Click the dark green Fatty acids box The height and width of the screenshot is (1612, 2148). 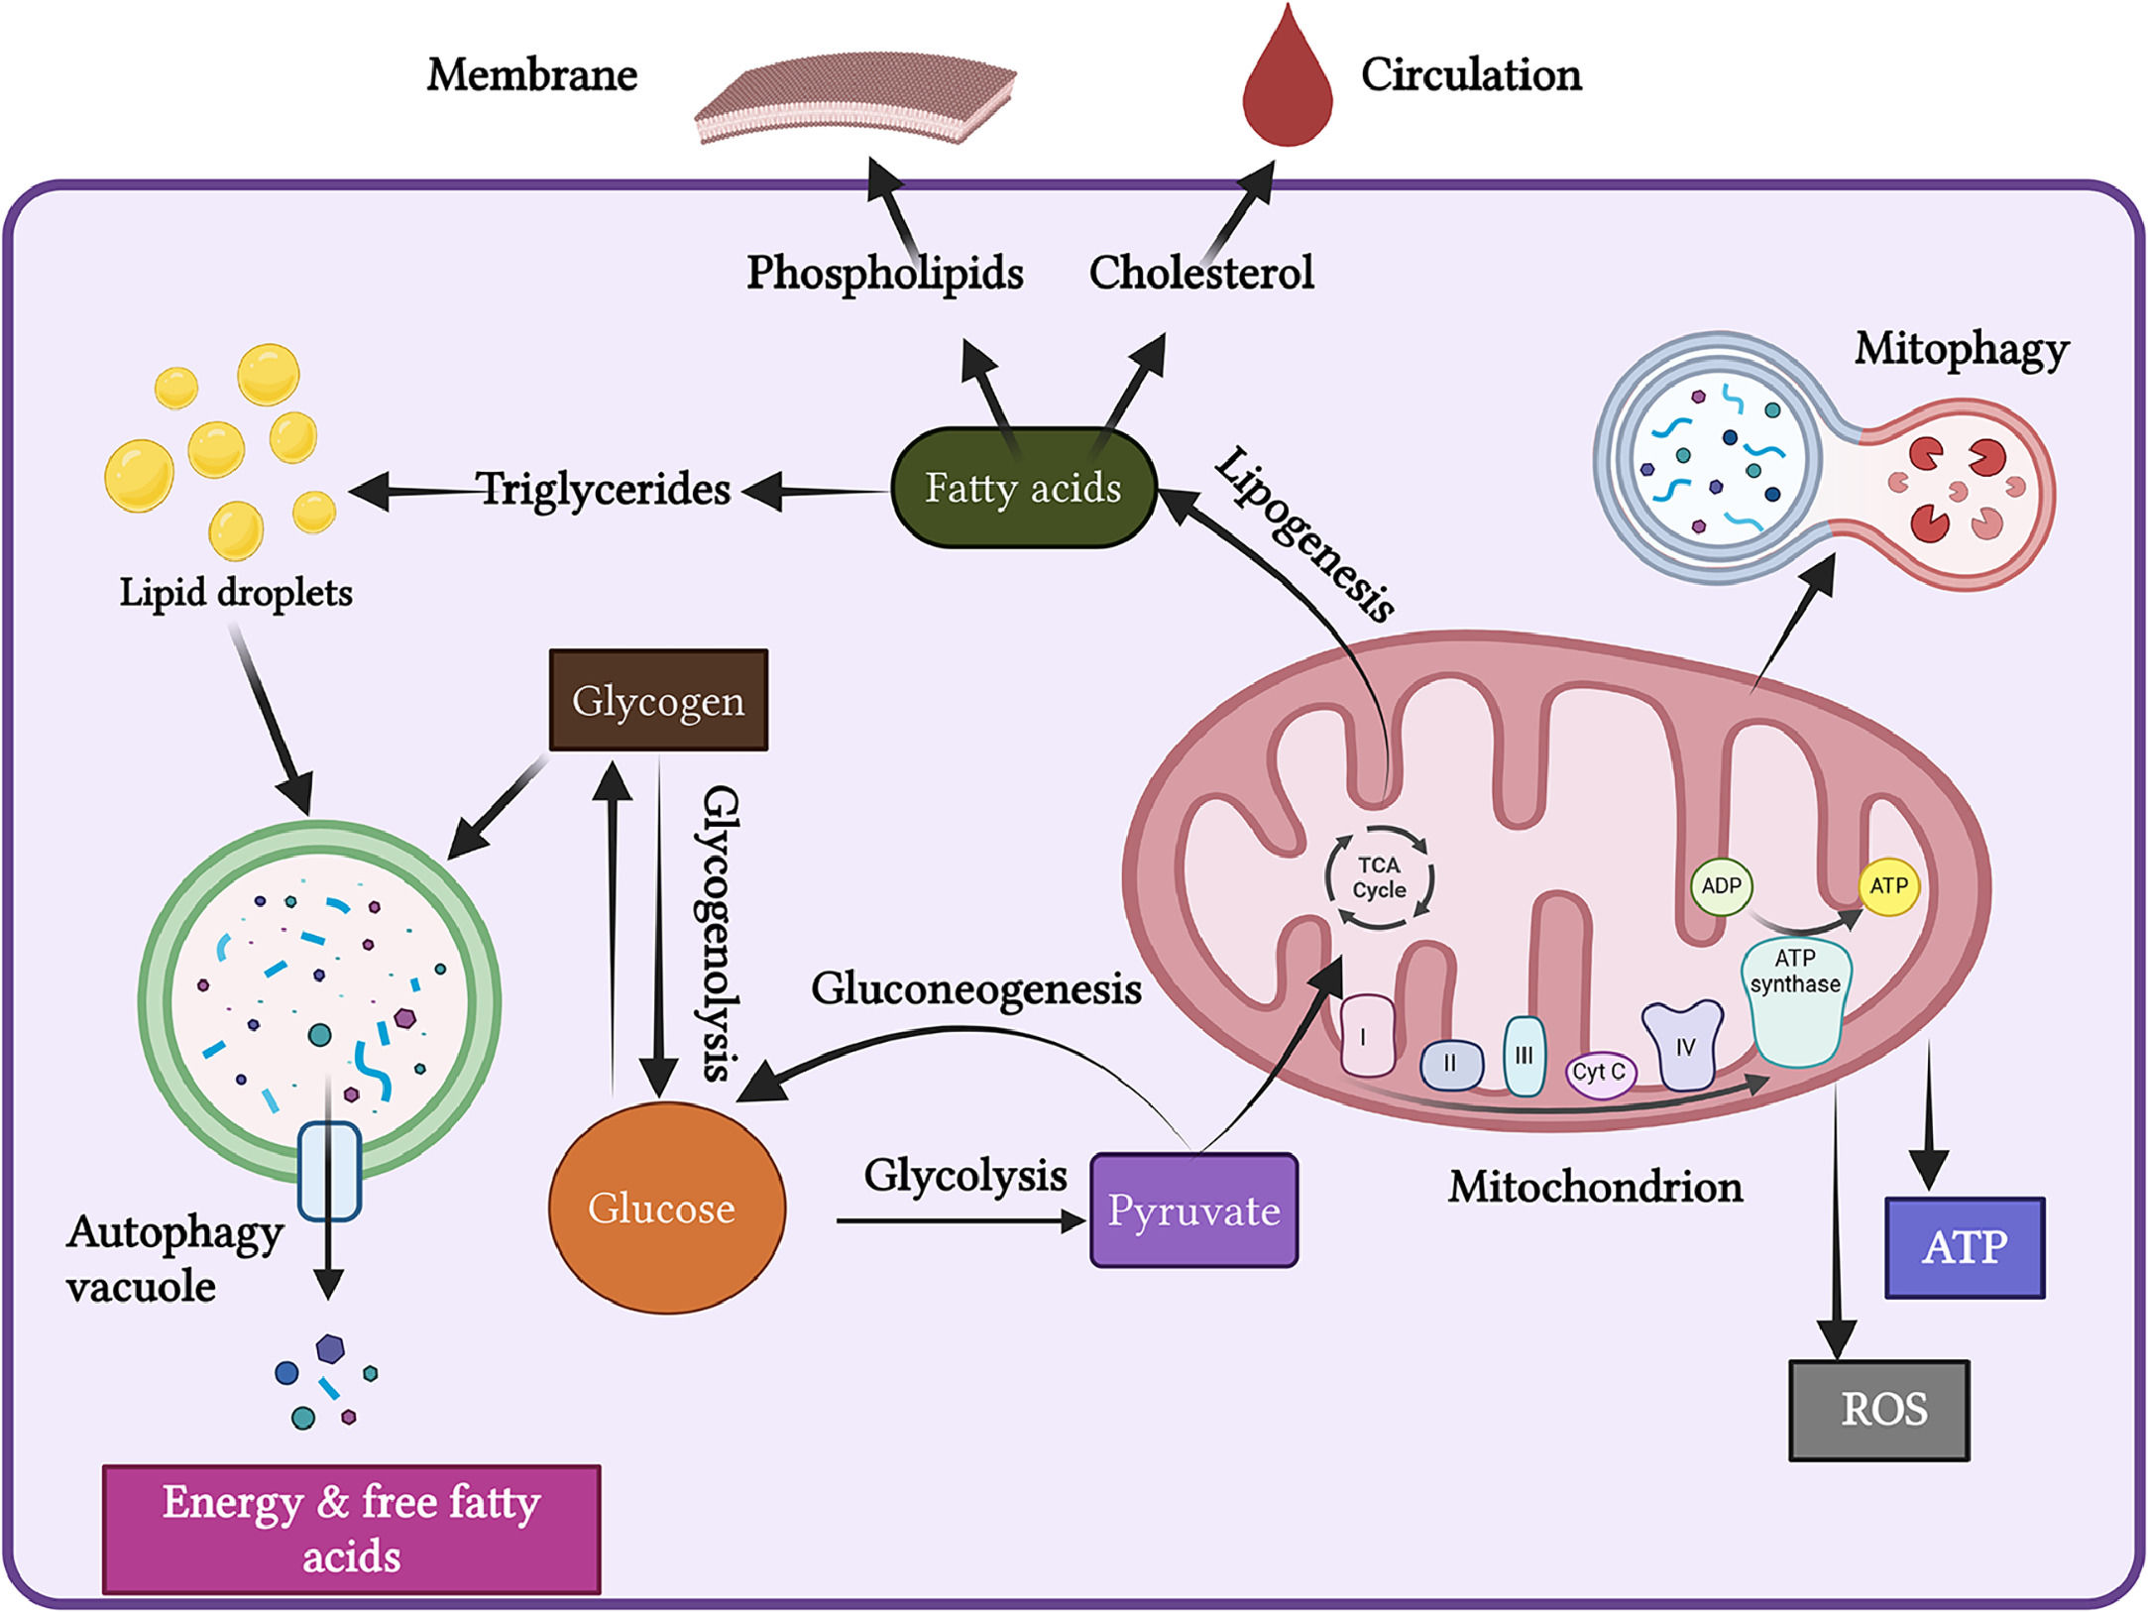point(1023,488)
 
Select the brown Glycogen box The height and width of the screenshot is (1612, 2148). point(658,700)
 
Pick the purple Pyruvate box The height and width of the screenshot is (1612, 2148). point(1193,1209)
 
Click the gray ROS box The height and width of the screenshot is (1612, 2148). point(1878,1409)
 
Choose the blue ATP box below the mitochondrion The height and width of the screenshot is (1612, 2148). point(1964,1247)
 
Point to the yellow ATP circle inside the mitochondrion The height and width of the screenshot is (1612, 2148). point(1888,886)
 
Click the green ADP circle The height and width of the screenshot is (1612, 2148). point(1721,886)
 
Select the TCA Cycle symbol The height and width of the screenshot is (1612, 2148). point(1379,878)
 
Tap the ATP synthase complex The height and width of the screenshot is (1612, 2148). point(1795,1001)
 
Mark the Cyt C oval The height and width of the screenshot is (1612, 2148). point(1599,1073)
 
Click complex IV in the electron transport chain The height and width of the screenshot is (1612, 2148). point(1683,1046)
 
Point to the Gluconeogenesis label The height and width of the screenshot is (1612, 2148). point(976,989)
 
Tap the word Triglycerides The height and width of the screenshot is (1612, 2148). point(604,489)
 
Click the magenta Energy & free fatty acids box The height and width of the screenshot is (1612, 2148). point(352,1529)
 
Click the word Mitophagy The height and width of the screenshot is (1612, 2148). point(1961,349)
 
